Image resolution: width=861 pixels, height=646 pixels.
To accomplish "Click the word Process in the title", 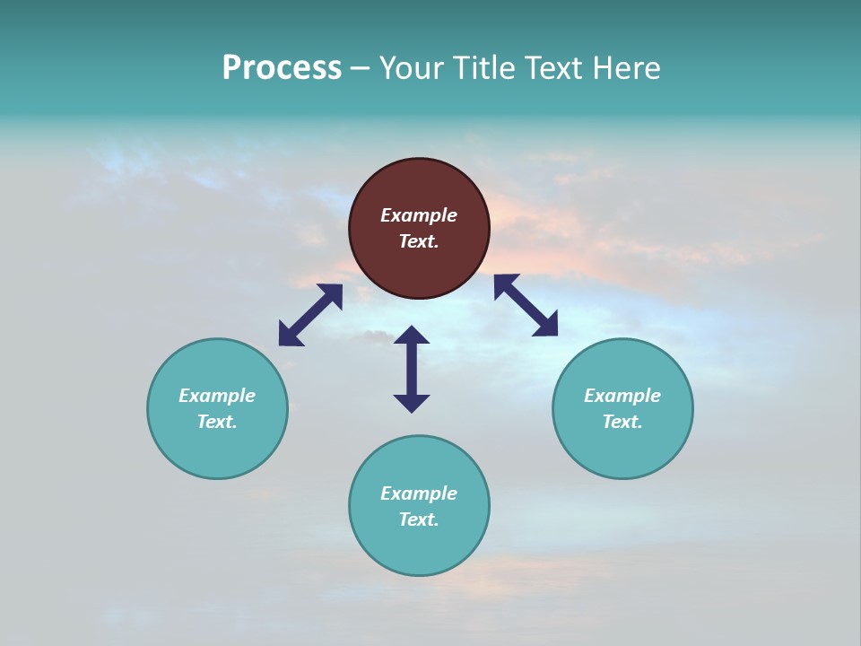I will (x=282, y=68).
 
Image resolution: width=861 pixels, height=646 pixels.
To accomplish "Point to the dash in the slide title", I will (x=360, y=69).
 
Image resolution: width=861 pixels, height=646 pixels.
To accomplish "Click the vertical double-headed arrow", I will (x=412, y=369).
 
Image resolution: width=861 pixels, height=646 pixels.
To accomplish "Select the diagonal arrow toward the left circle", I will (x=310, y=315).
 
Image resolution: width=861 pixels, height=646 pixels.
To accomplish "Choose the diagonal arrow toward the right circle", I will (x=526, y=305).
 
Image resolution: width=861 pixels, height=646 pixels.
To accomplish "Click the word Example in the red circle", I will (x=419, y=215).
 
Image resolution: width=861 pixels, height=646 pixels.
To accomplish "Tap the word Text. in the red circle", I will (x=419, y=241).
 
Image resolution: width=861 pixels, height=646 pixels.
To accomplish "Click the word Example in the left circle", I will (x=217, y=396).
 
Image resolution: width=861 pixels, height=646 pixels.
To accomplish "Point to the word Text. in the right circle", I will (x=622, y=422).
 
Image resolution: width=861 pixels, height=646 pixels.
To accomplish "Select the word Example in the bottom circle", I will (x=419, y=493).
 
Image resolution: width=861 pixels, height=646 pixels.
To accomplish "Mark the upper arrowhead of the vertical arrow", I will (x=412, y=336).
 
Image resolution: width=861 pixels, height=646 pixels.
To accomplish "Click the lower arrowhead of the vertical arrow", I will (x=412, y=403).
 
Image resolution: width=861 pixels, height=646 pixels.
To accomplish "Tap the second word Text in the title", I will (x=554, y=68).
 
